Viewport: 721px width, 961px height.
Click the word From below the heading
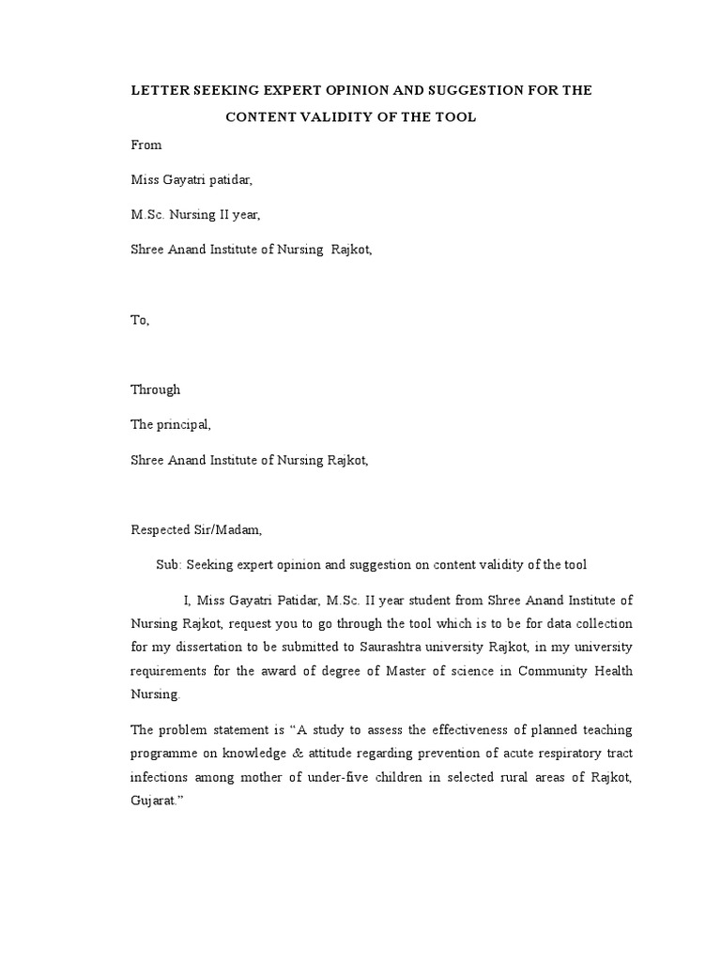click(146, 145)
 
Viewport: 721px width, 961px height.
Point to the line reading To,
click(139, 320)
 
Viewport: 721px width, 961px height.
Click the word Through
click(155, 389)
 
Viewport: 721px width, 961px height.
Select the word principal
click(184, 424)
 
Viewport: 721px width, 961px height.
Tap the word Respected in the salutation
click(161, 529)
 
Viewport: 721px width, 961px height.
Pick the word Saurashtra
click(394, 648)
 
